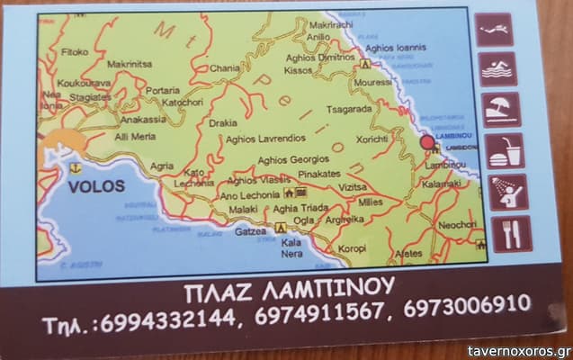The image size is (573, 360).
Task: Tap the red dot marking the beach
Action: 427,142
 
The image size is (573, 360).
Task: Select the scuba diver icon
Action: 494,30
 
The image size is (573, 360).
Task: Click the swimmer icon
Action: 497,69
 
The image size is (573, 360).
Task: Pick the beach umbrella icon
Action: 500,110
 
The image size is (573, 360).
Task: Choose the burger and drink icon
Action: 506,150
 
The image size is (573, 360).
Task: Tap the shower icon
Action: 508,192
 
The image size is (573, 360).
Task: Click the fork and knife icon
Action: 511,233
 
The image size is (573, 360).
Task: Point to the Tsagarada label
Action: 348,109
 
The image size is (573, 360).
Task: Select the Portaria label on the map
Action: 163,90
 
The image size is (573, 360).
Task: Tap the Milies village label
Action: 371,202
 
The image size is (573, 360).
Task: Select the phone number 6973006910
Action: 467,305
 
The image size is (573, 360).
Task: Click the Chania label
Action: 225,67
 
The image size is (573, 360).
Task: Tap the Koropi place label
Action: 353,248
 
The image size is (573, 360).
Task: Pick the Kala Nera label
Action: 291,247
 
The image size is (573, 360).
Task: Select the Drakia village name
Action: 222,123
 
